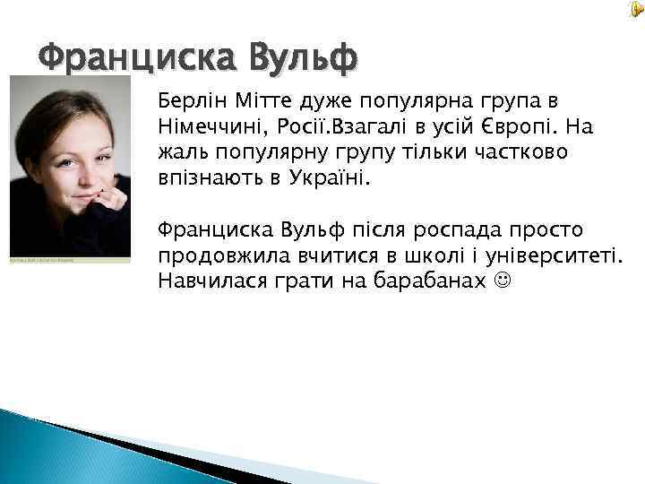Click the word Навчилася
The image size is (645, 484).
[206, 282]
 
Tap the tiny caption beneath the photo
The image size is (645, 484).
[42, 261]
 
